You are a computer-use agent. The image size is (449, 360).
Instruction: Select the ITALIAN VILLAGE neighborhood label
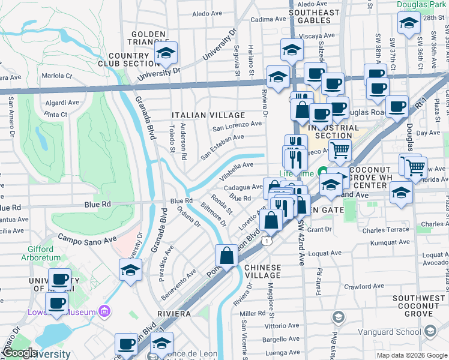208,115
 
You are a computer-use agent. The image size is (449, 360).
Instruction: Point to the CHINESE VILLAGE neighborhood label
263,271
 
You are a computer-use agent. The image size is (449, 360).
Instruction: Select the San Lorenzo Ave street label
238,127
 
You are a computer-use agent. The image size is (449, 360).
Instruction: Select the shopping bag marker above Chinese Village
228,256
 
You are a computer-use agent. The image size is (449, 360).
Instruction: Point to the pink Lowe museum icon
105,311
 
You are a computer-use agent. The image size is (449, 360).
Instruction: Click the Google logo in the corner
20,353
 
